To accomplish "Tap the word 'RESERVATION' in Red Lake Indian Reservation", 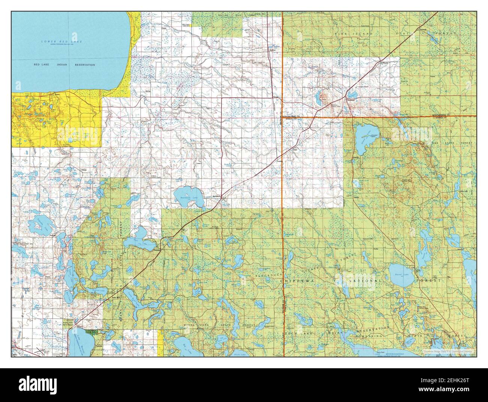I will click(84, 65).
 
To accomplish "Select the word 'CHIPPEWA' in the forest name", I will click(296, 280).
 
